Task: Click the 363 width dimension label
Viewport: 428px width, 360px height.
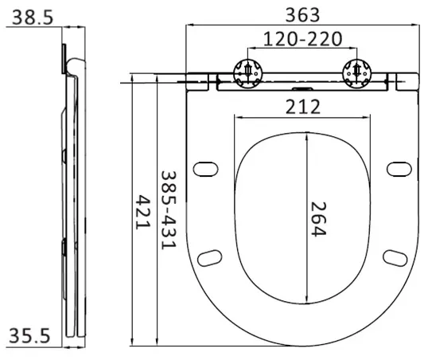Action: point(302,15)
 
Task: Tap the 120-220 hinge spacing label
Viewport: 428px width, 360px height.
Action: point(303,39)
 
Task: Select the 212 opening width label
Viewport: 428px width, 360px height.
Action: point(303,107)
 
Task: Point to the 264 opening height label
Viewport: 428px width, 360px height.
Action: point(319,219)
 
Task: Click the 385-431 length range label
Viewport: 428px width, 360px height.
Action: point(169,210)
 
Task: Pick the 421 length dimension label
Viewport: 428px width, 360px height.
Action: point(143,212)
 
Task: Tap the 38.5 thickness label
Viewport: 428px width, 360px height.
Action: point(33,18)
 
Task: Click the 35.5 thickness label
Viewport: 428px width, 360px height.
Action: point(29,335)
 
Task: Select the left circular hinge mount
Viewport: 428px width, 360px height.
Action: point(248,73)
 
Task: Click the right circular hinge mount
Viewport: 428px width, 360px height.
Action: point(356,73)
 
